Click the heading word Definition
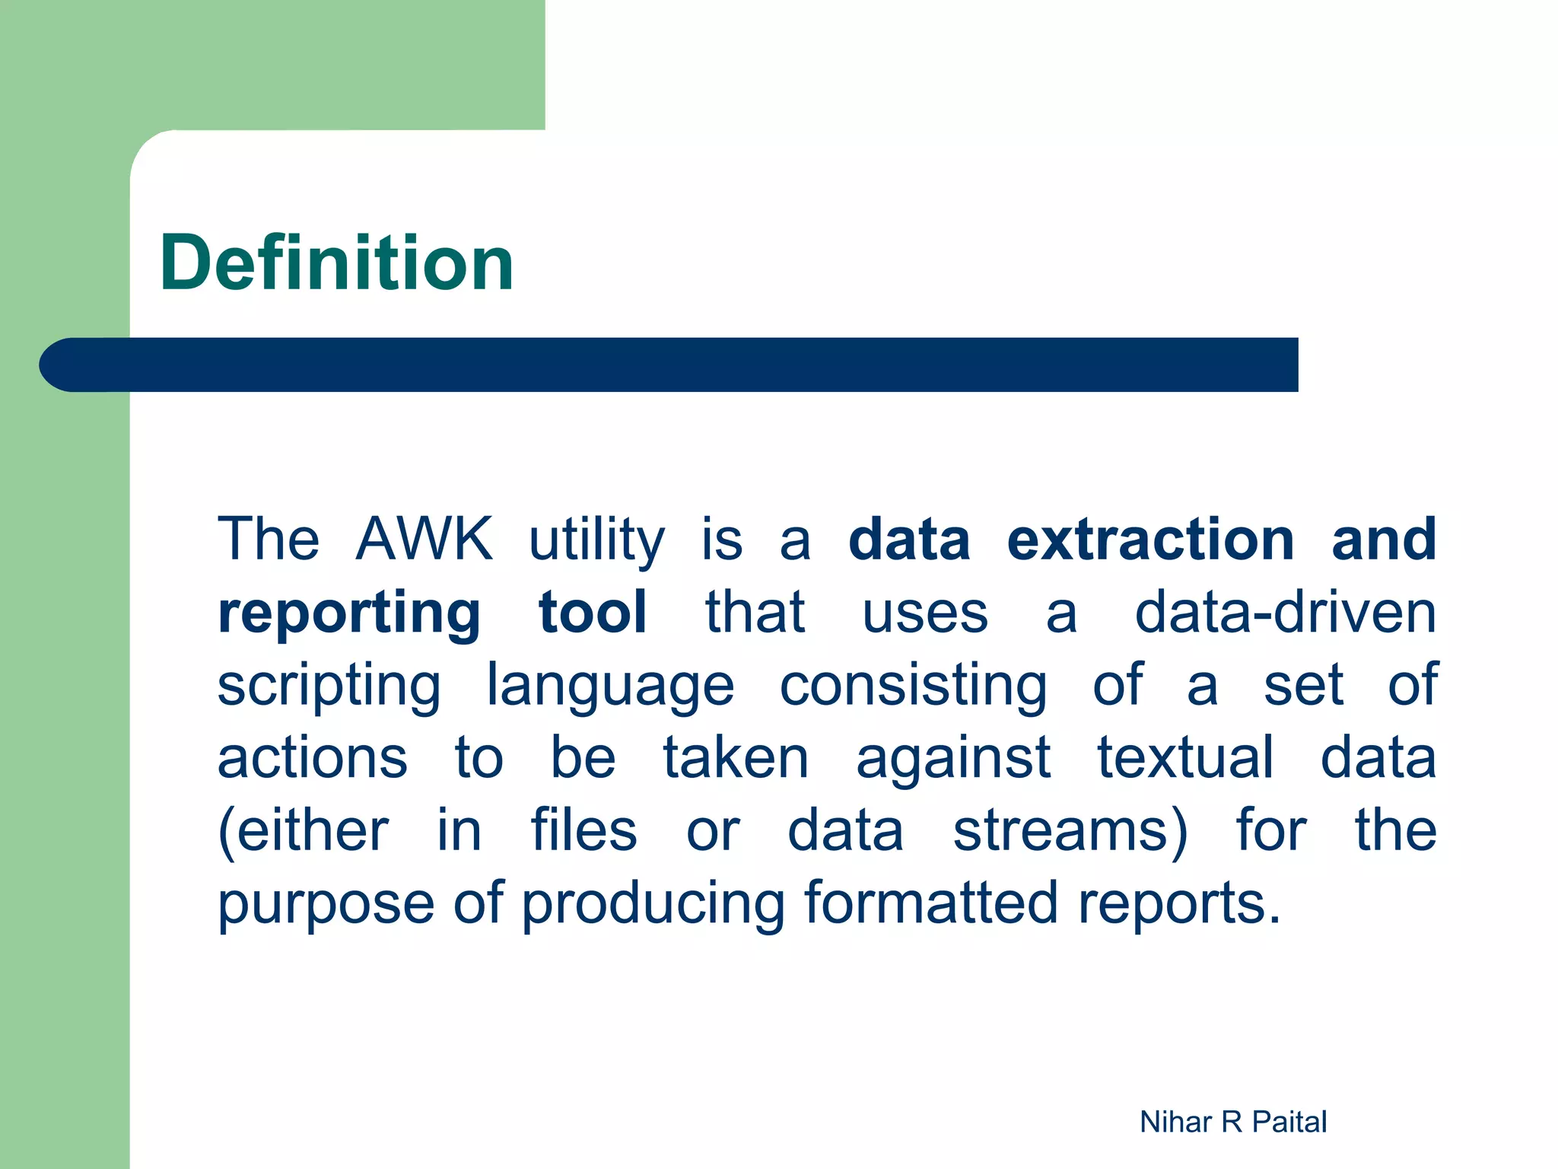tap(337, 263)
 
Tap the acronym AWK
tap(424, 539)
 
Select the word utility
tap(596, 540)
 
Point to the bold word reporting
tap(349, 613)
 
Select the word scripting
tap(329, 686)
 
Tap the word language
tap(610, 686)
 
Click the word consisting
tap(913, 686)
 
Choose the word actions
tap(313, 758)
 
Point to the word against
tap(953, 758)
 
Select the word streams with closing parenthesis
tap(1070, 831)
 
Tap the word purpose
tap(326, 904)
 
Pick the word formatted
tap(930, 903)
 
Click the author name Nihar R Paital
tap(1232, 1122)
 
